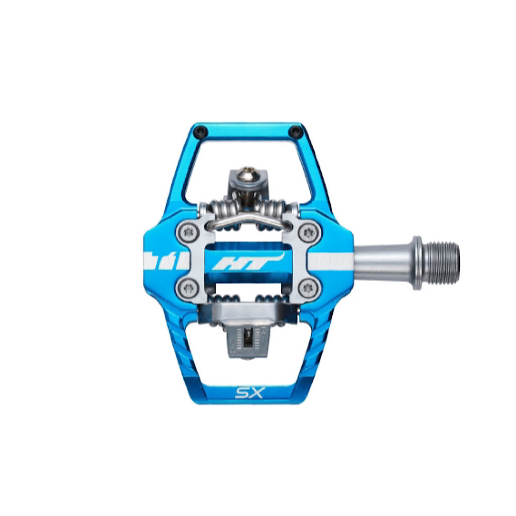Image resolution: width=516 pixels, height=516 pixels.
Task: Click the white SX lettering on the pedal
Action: (249, 393)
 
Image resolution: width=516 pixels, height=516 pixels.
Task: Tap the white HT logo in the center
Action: (248, 262)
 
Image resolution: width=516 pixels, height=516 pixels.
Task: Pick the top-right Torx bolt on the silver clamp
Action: (309, 233)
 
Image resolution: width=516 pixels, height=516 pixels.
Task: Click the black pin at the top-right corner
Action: (294, 132)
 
